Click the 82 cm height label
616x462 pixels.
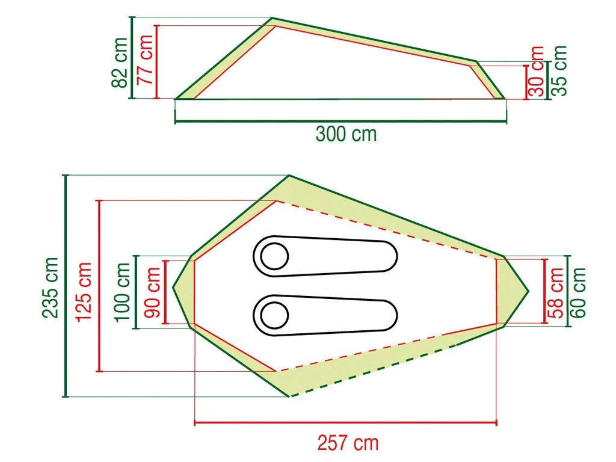coord(120,62)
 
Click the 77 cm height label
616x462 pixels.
coord(144,62)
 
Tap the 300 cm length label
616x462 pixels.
coord(346,134)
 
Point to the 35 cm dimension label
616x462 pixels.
coord(559,71)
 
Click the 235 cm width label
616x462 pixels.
coord(51,287)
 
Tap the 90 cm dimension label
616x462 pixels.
coord(152,292)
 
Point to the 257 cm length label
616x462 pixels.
coord(348,443)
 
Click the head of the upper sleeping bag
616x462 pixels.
coord(274,256)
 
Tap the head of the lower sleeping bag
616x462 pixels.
coord(274,315)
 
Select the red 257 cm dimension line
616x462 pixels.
coord(345,423)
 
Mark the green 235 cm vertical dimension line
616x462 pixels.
coord(66,286)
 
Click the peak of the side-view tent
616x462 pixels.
coord(273,19)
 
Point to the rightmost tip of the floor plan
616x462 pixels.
coord(528,291)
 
